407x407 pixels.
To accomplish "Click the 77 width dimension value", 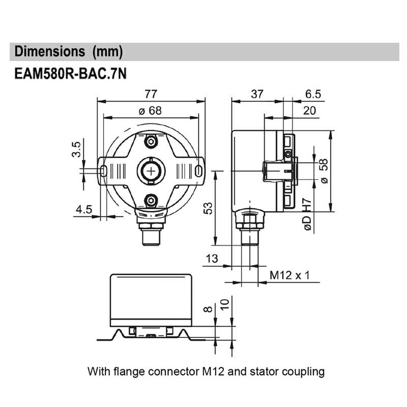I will pyautogui.click(x=151, y=94).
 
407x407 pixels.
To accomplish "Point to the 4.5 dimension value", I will pyautogui.click(x=83, y=209).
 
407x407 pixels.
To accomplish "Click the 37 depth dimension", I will pyautogui.click(x=257, y=94).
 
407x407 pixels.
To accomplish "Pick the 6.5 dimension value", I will pyautogui.click(x=313, y=94).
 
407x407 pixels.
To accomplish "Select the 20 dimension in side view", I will pyautogui.click(x=309, y=110).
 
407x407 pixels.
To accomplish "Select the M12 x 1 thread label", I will pyautogui.click(x=289, y=275).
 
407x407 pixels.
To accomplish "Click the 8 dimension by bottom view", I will pyautogui.click(x=206, y=308).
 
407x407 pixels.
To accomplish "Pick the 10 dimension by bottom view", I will pyautogui.click(x=223, y=306).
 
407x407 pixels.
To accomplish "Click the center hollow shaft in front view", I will pyautogui.click(x=151, y=170).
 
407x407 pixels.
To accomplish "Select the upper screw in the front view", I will pyautogui.click(x=151, y=140).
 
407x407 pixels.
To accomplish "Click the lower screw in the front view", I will pyautogui.click(x=151, y=200).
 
